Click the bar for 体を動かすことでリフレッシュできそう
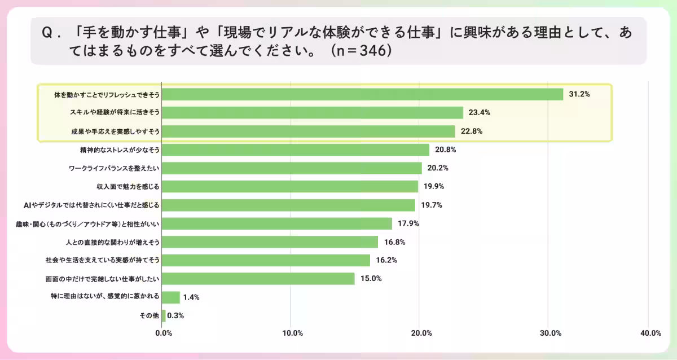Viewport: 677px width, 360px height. [362, 94]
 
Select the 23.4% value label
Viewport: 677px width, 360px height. [478, 113]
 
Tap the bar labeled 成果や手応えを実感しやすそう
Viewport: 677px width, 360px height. [309, 131]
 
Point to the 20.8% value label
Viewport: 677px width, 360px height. [445, 150]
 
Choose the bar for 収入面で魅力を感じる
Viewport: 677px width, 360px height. [290, 187]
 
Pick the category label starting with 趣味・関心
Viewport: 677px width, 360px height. [87, 224]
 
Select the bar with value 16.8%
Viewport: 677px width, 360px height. [270, 242]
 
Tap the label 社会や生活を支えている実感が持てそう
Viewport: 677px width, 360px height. [102, 261]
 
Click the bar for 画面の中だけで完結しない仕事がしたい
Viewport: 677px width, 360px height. [258, 279]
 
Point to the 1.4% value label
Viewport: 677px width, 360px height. [191, 297]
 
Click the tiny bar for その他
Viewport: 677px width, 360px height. [164, 316]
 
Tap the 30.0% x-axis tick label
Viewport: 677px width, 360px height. [550, 333]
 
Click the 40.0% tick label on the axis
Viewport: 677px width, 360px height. [650, 333]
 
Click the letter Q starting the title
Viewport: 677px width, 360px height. [47, 33]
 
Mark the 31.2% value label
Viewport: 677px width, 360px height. [579, 94]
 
